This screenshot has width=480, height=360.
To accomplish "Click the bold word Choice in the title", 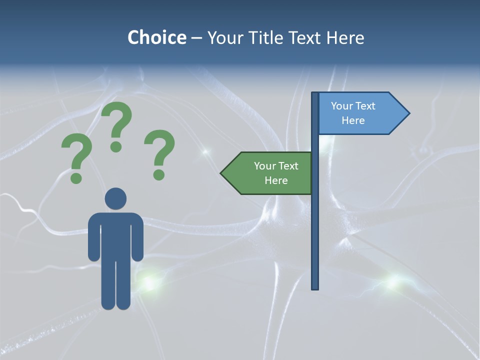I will [156, 37].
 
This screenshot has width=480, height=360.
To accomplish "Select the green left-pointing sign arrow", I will [267, 173].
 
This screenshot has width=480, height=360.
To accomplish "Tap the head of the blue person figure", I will [115, 198].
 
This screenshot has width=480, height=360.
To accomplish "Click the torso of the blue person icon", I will [115, 235].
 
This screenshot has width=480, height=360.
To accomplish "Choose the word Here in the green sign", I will [276, 180].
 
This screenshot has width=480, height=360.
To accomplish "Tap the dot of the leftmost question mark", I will [76, 178].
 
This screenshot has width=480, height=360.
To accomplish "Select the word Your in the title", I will [225, 37].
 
